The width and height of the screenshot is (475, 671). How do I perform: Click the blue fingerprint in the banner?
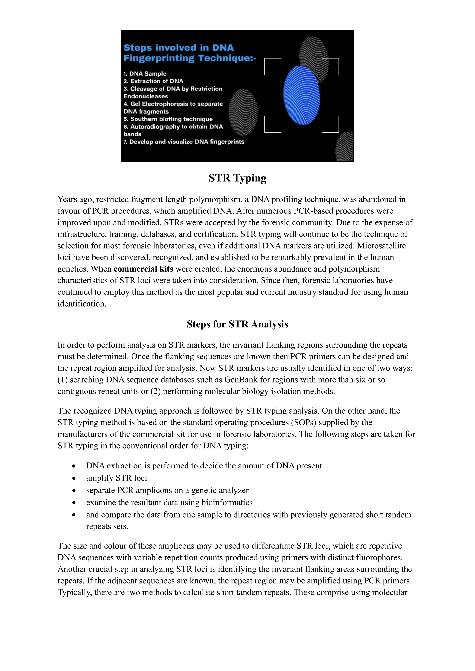302,95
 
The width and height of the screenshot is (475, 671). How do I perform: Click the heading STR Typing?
237,178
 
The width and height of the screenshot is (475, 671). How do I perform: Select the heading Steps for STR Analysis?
237,324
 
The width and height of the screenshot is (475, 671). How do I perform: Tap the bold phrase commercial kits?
143,269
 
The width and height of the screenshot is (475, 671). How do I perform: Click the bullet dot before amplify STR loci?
74,478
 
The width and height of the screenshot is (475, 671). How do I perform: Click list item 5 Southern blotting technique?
168,119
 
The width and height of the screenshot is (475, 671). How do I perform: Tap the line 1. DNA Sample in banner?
145,74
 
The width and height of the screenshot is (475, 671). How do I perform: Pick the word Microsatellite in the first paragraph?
381,246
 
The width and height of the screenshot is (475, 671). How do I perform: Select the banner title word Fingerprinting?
159,58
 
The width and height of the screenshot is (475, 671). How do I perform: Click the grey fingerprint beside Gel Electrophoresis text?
243,112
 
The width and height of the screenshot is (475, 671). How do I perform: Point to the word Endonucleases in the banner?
146,96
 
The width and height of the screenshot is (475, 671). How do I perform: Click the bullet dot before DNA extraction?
74,466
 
